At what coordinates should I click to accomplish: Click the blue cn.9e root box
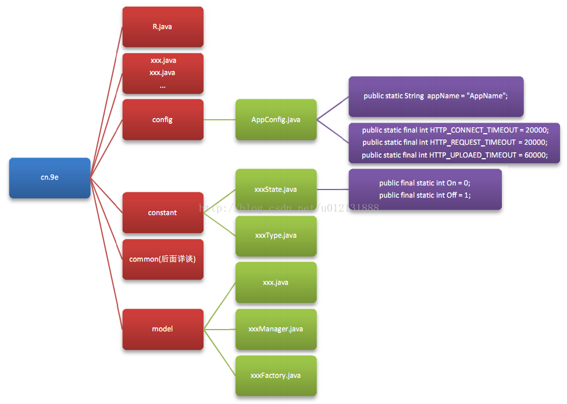click(x=50, y=178)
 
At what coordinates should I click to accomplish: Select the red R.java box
click(x=163, y=27)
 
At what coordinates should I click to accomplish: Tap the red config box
click(x=163, y=120)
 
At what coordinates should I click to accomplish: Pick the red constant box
click(x=163, y=213)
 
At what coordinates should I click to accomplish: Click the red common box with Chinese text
click(x=163, y=259)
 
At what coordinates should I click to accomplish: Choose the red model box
click(x=163, y=329)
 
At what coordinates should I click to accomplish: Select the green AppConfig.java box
click(x=276, y=120)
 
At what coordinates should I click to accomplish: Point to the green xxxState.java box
click(x=276, y=190)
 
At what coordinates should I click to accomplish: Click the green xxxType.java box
click(x=276, y=236)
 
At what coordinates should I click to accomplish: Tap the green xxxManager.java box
click(x=276, y=329)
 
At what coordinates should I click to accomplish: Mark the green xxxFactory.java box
click(x=276, y=376)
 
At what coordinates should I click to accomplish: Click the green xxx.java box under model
click(x=276, y=283)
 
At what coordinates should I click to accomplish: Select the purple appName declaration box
click(x=436, y=96)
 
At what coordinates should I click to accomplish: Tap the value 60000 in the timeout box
click(x=535, y=155)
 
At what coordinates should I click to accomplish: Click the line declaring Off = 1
click(x=425, y=195)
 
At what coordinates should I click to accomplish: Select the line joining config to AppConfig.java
click(x=219, y=120)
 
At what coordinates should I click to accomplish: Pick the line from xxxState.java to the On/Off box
click(x=333, y=190)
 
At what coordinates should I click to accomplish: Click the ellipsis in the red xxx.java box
click(x=162, y=85)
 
